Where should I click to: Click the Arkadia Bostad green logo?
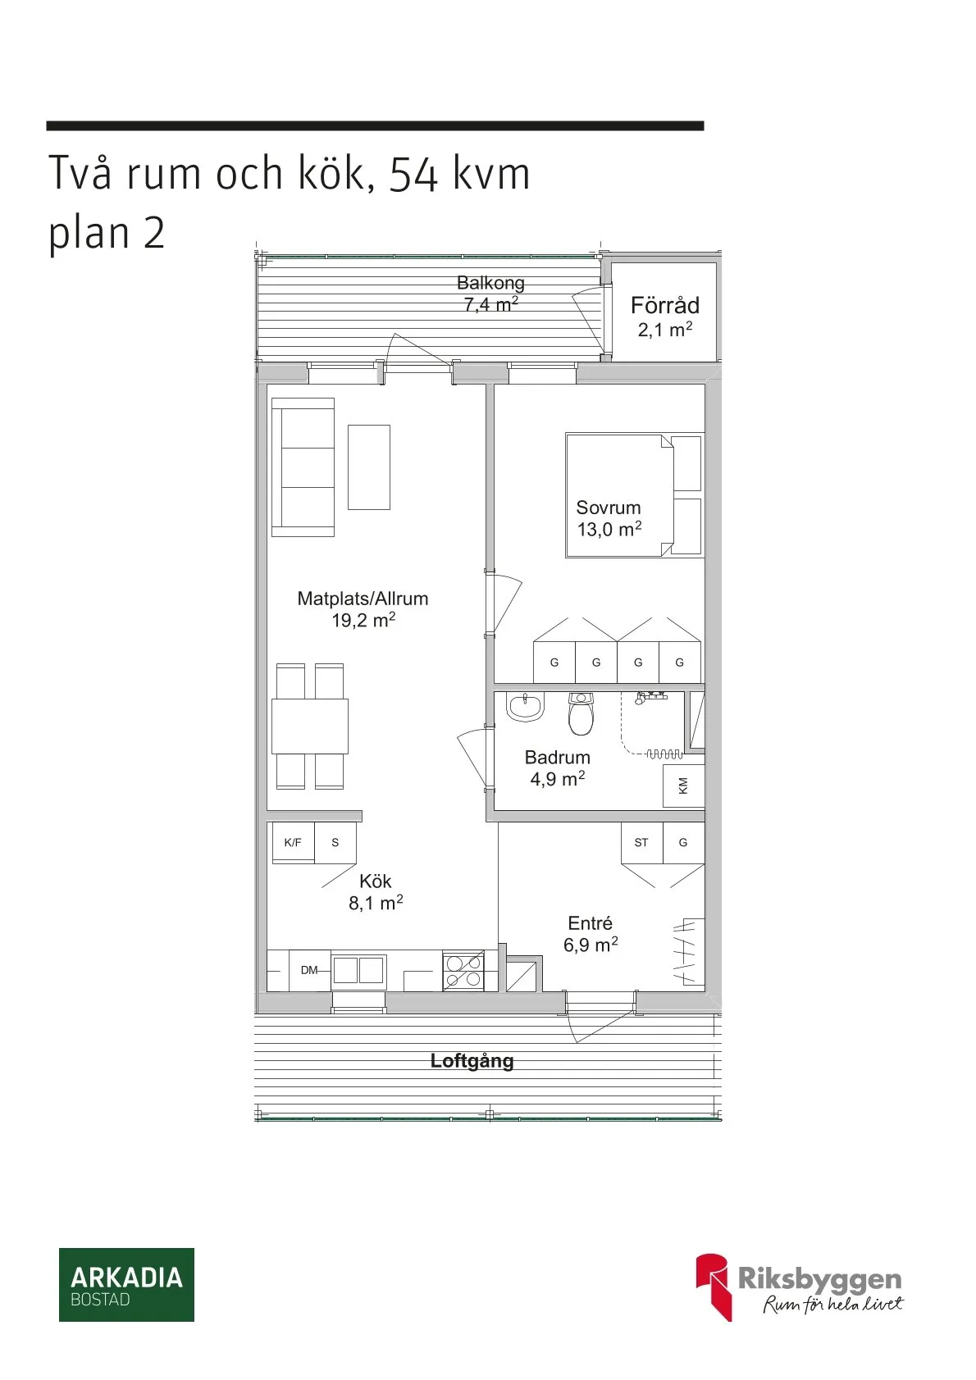126,1284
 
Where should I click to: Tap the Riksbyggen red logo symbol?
713,1285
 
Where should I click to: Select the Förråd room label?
664,306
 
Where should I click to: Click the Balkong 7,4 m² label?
490,294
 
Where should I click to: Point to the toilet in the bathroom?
581,715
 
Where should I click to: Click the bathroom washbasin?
525,706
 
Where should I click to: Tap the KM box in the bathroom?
682,786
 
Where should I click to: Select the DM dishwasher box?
309,970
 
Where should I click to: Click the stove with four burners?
463,971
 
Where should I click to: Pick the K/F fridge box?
293,843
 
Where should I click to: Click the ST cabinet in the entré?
641,843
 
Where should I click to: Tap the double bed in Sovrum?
619,495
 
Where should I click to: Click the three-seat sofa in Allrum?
303,467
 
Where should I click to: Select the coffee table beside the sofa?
368,467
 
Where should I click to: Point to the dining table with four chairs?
310,726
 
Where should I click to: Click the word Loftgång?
472,1061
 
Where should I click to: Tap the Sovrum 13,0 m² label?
609,518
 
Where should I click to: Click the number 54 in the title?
413,174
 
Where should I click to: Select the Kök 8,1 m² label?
376,892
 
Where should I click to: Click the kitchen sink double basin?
358,970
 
